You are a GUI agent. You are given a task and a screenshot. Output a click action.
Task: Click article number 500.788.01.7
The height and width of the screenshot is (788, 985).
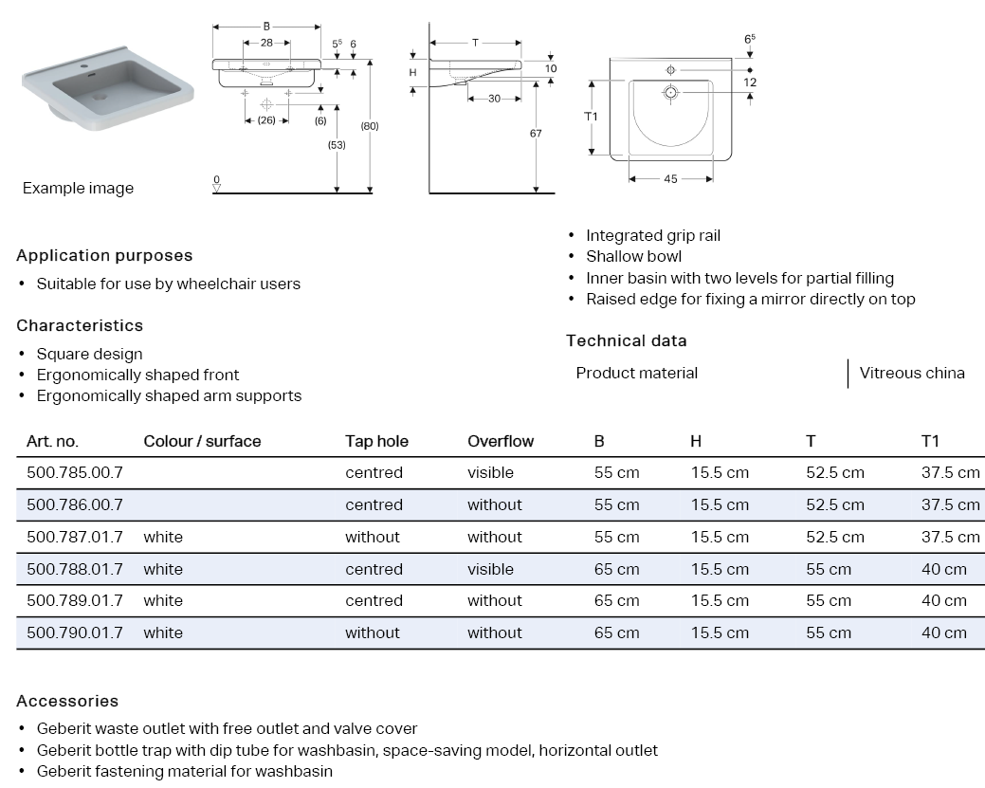(x=74, y=569)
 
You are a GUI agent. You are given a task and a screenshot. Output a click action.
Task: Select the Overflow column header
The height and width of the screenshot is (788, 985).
(x=500, y=441)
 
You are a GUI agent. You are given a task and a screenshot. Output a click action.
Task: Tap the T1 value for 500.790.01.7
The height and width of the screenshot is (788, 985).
(x=943, y=632)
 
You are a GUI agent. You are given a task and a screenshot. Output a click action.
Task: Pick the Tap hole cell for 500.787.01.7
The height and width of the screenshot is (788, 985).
(x=373, y=537)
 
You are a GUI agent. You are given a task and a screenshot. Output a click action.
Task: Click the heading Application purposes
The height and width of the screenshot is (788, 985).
(x=104, y=255)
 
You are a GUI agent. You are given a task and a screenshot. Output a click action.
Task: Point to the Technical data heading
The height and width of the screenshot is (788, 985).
(x=626, y=340)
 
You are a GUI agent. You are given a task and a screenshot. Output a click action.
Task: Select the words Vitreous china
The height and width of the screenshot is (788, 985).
(x=911, y=373)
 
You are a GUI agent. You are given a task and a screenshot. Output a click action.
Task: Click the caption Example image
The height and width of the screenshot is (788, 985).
(x=78, y=188)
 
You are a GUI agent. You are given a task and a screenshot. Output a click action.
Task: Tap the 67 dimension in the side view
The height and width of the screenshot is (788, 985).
(x=536, y=134)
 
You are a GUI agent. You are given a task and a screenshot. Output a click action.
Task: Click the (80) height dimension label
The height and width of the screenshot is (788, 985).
(x=370, y=125)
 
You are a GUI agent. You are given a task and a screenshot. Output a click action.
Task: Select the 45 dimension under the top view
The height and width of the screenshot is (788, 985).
(x=670, y=179)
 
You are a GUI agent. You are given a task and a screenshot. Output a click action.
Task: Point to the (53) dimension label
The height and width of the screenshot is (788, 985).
(x=337, y=145)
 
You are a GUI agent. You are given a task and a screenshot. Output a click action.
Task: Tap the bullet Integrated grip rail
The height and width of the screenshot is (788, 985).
(x=652, y=235)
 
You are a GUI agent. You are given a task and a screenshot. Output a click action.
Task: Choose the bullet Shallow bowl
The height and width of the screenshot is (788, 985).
(x=633, y=256)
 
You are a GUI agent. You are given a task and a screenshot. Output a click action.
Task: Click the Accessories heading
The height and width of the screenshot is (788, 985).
(x=67, y=701)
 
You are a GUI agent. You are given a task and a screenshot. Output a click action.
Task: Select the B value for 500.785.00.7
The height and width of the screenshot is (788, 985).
(x=616, y=472)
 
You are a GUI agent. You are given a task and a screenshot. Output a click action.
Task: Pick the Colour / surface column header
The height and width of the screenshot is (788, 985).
(x=202, y=441)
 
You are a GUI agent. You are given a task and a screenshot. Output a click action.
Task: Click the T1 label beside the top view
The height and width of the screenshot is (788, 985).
(x=591, y=116)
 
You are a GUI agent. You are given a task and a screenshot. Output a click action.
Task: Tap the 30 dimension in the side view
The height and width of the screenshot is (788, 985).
(x=494, y=100)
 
